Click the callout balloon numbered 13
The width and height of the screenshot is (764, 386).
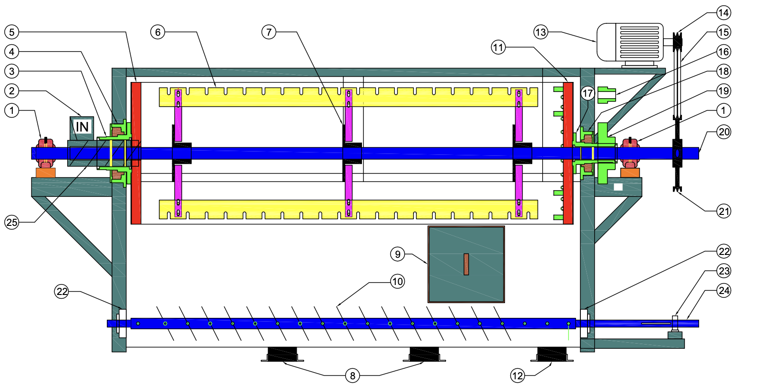[x=540, y=32]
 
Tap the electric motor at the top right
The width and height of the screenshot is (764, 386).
[x=630, y=42]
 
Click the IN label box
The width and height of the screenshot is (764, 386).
[x=82, y=127]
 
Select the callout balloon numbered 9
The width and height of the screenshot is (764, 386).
[x=398, y=254]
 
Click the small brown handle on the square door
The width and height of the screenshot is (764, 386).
[x=466, y=264]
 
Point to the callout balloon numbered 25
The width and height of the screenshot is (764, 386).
[x=12, y=222]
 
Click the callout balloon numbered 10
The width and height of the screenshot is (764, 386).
[x=398, y=282]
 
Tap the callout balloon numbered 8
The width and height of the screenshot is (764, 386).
[x=352, y=376]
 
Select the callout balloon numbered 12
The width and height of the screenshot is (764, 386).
[x=517, y=376]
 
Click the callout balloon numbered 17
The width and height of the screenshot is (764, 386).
[x=588, y=94]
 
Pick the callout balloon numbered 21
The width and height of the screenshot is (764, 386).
[x=724, y=211]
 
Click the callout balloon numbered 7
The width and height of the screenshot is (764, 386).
[x=269, y=32]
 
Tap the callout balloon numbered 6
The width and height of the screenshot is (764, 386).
[x=158, y=32]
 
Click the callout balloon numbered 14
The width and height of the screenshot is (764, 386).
[x=723, y=13]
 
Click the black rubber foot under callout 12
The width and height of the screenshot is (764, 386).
[x=552, y=355]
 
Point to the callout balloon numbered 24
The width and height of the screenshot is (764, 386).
[x=724, y=290]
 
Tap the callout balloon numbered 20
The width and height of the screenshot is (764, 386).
[x=724, y=132]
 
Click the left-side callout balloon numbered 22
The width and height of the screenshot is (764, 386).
[x=62, y=291]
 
